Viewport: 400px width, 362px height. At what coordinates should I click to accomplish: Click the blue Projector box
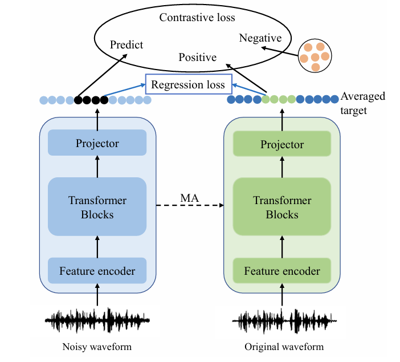97,143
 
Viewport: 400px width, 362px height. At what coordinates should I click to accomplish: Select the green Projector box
282,144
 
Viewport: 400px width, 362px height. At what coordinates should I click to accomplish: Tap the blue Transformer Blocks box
97,206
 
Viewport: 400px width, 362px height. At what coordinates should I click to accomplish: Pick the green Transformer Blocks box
282,206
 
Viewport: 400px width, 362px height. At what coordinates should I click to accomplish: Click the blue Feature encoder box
97,271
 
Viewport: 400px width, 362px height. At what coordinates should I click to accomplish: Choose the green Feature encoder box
282,271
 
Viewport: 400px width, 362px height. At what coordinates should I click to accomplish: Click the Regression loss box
189,84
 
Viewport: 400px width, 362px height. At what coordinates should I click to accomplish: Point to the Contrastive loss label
197,17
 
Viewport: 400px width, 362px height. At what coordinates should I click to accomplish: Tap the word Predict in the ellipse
126,44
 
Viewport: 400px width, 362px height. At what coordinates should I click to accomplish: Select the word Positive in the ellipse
198,57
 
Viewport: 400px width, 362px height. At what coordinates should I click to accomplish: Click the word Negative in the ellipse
260,38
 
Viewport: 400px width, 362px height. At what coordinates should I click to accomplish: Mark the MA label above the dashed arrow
189,198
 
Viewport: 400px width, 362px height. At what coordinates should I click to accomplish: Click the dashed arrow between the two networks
190,205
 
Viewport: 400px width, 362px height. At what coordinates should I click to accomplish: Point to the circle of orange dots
315,56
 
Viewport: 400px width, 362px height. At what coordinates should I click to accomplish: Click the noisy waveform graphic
97,320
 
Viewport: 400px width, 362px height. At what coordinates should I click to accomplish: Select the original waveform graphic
284,321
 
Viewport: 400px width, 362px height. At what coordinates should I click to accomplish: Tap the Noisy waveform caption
97,347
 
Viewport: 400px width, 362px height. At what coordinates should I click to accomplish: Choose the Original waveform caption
284,347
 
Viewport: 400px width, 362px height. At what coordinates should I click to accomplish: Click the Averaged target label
362,103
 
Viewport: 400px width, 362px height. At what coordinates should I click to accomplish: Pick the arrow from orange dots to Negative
280,51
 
